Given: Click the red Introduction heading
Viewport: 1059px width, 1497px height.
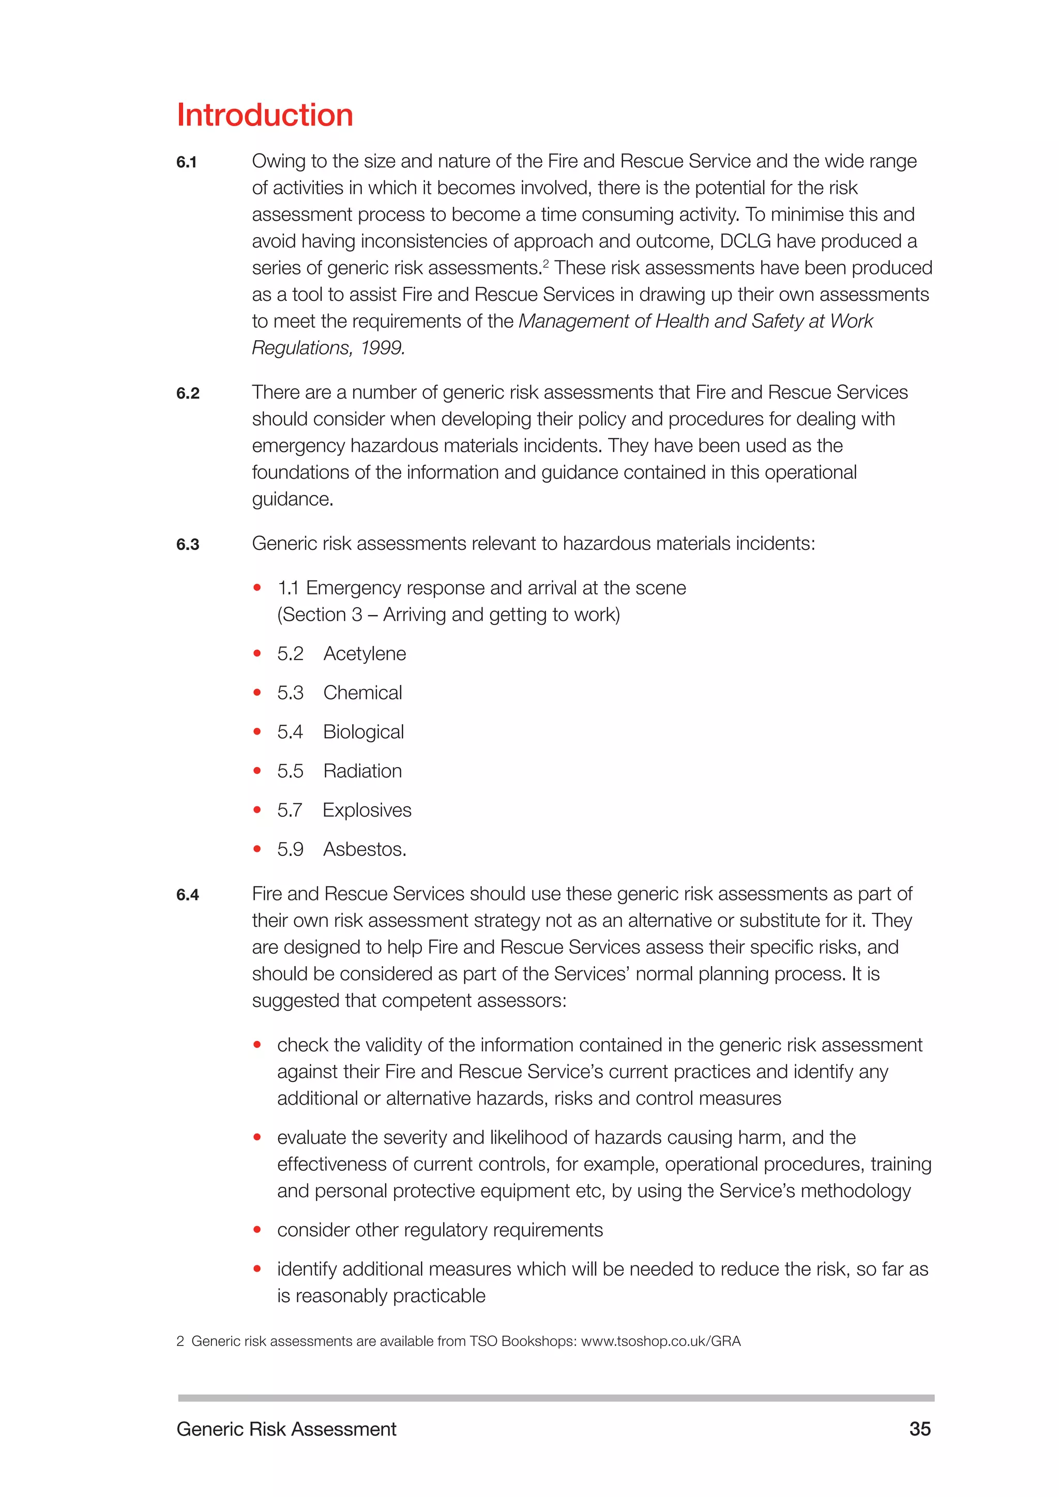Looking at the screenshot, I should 265,115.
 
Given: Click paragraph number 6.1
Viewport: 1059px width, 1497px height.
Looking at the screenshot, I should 187,162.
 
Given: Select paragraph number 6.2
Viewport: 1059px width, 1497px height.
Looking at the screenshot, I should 188,393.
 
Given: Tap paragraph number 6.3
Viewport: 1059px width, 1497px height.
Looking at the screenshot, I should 188,544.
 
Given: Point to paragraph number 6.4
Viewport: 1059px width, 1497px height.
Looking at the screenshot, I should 188,895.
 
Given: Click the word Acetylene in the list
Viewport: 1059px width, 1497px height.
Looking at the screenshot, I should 365,653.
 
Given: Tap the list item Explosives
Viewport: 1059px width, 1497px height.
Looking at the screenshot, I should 367,810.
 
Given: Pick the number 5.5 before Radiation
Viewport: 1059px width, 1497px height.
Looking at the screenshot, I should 290,771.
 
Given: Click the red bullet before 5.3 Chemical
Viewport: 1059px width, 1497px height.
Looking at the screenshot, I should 257,693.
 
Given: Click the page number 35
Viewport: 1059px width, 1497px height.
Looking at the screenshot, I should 919,1429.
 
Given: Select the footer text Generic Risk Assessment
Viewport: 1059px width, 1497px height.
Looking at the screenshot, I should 286,1429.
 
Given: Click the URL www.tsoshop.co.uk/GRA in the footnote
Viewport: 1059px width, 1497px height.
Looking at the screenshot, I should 660,1341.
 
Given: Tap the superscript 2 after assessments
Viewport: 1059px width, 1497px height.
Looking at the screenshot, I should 546,263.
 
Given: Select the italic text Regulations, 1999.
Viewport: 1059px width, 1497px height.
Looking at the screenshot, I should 328,348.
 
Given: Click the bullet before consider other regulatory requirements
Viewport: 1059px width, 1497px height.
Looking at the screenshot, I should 257,1230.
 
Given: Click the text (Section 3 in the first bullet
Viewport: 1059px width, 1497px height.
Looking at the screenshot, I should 320,614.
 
